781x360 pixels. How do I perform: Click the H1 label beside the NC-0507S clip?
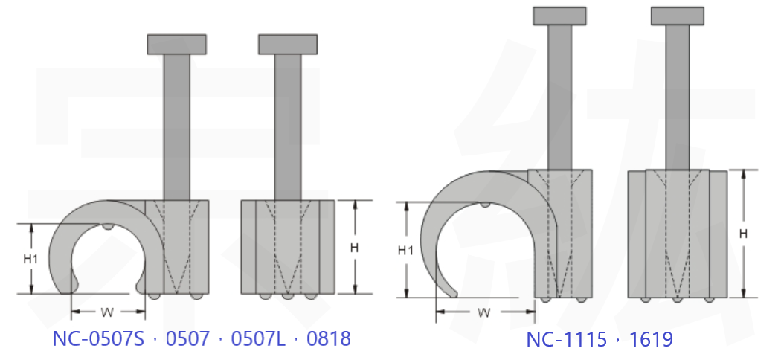point(30,259)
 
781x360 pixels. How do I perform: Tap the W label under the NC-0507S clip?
point(107,312)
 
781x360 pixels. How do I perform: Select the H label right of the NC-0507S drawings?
point(354,248)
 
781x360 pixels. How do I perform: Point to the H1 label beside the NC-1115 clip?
point(405,251)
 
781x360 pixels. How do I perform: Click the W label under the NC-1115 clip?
point(483,312)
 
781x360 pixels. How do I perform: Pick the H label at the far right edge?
point(743,234)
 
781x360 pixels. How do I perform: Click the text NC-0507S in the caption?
point(98,338)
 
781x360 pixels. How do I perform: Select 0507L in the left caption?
point(258,338)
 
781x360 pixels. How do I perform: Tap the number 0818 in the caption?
point(329,338)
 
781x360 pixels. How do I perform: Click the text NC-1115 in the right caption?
point(566,340)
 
